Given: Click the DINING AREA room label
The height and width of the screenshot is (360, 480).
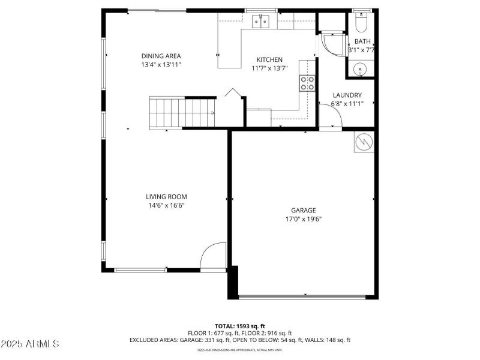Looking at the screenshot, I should (161, 56).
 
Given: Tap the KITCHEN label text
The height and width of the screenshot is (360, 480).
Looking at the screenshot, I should (269, 60).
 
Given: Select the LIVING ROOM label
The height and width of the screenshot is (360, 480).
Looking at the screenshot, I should (166, 197).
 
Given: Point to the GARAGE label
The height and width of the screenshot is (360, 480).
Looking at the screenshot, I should (303, 211).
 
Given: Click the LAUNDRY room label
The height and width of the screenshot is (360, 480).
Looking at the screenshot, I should (347, 95).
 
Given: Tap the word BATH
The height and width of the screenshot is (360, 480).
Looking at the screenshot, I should (362, 41).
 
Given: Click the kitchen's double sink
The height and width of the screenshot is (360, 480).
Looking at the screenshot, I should (261, 22).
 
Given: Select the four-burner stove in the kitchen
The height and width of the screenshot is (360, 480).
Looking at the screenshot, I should (307, 83).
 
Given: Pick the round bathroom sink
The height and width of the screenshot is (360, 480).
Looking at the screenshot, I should (360, 69).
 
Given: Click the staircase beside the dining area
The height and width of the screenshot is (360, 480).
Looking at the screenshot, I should (182, 113).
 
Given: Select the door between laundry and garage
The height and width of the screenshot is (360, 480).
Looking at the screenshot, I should (330, 121).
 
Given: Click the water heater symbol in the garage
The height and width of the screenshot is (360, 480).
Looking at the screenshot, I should (364, 142).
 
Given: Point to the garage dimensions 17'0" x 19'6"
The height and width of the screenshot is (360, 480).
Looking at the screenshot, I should (303, 219).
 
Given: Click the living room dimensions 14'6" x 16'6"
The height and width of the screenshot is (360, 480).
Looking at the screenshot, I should (166, 205).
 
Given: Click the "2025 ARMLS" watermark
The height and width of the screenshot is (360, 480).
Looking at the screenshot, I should (30, 344).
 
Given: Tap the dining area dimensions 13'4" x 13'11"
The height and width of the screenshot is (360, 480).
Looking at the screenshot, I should (161, 64).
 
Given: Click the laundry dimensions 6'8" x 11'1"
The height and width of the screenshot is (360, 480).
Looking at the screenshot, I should (347, 104).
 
